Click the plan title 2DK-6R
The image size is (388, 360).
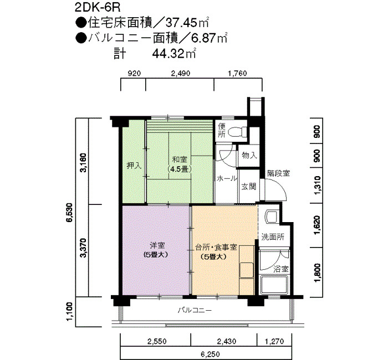coord(98,8)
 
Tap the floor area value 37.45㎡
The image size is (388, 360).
coord(187,23)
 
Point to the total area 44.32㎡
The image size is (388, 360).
coord(173,53)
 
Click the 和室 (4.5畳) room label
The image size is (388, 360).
coord(180,164)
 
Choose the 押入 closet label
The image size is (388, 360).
coord(134,166)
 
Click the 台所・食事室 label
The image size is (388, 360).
coord(216,247)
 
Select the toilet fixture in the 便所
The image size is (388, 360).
coord(238,132)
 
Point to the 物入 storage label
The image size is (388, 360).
coord(249,156)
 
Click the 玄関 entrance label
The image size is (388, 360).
coord(249,187)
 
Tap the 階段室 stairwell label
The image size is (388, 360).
coord(278,173)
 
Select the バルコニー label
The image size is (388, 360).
coord(195,310)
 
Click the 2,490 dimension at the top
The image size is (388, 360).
coord(181,74)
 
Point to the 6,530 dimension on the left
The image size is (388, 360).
coord(69,212)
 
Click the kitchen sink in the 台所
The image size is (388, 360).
coord(247,270)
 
